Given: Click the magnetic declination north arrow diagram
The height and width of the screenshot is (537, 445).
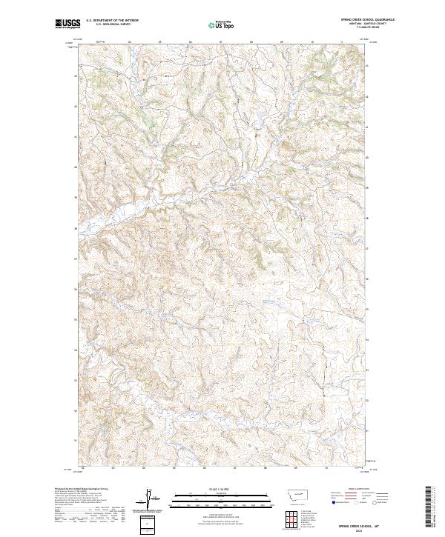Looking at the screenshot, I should point(148,500).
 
